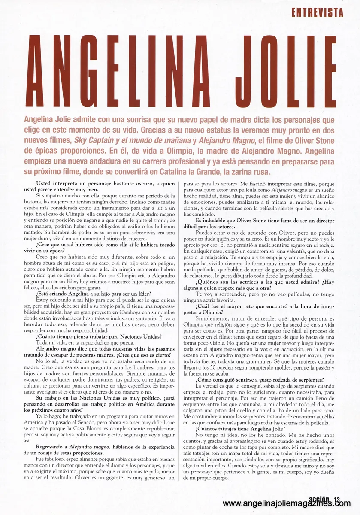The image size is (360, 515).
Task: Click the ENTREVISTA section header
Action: click(x=317, y=12)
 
